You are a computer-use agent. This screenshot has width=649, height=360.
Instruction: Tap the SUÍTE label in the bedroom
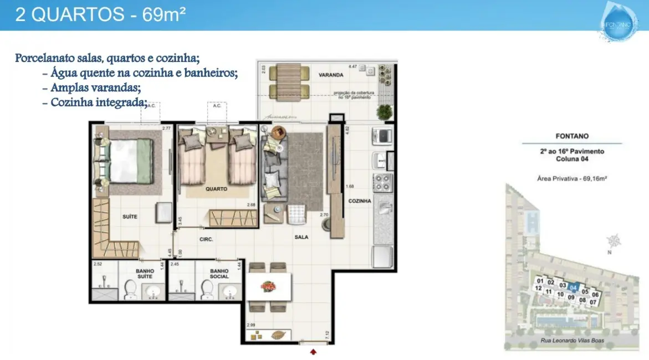click(x=130, y=217)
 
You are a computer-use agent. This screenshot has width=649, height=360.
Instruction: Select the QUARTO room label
click(x=216, y=189)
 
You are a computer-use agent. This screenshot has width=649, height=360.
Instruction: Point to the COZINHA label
click(x=360, y=202)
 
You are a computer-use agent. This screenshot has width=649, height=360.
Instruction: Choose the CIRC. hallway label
click(x=206, y=240)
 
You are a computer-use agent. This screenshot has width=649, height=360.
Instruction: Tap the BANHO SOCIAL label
click(x=219, y=274)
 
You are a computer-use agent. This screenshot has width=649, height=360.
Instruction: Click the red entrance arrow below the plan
click(x=314, y=351)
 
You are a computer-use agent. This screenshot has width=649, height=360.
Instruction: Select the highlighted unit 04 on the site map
click(x=574, y=287)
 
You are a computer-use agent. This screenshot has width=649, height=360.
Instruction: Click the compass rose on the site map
click(x=613, y=241)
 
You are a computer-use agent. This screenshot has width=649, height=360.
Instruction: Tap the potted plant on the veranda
click(x=383, y=112)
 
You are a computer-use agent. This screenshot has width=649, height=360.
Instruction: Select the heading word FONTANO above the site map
click(x=571, y=136)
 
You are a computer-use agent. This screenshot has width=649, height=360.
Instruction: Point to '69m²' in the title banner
click(x=163, y=14)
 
